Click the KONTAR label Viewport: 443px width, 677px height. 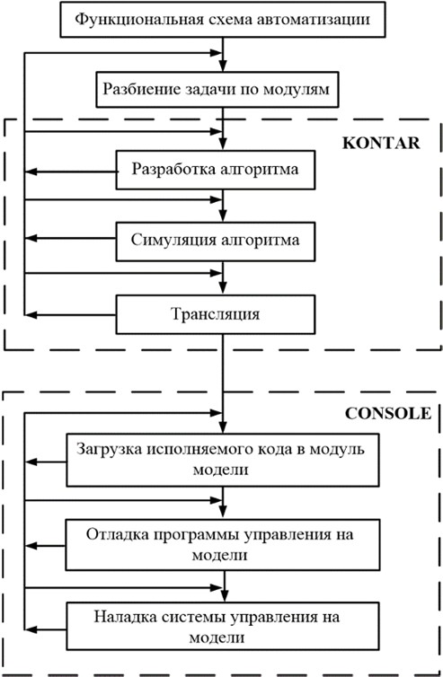click(381, 143)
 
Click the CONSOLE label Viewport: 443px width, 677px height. click(388, 413)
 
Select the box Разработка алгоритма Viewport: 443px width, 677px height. click(216, 170)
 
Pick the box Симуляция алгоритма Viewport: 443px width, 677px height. click(216, 242)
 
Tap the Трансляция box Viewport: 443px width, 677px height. click(216, 314)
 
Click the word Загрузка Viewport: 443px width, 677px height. click(110, 449)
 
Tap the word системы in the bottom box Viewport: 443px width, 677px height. click(193, 618)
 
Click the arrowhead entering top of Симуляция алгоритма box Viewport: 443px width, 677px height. click(223, 215)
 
